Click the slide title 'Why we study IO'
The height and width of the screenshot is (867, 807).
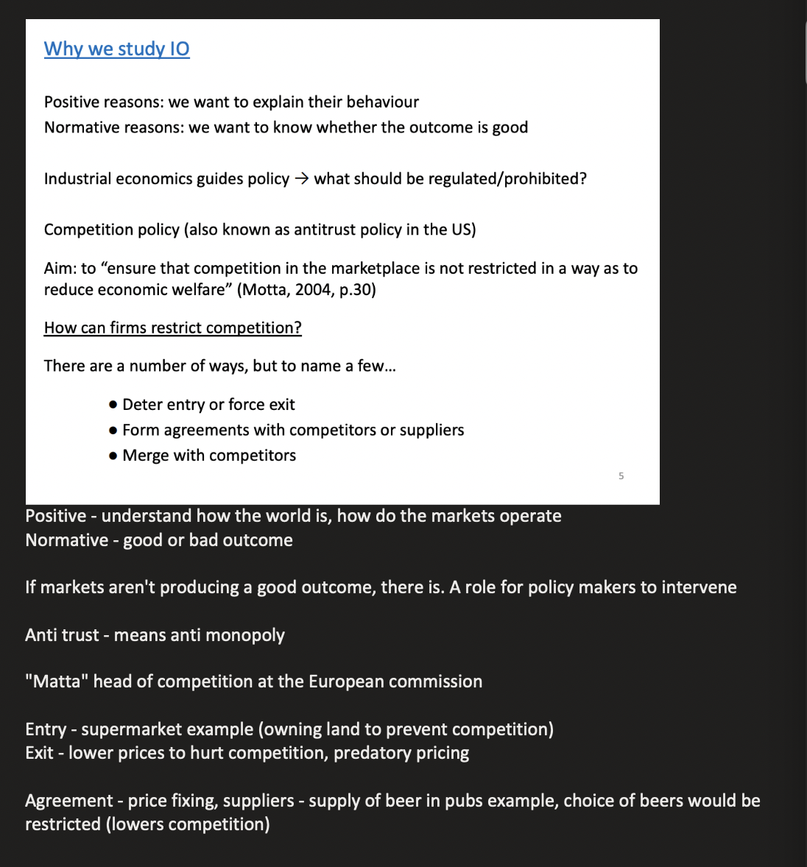point(116,49)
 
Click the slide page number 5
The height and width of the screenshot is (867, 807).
point(621,476)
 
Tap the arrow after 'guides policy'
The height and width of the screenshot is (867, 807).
point(302,179)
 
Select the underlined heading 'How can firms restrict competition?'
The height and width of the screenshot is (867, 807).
point(172,328)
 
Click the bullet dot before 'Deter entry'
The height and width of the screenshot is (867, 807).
point(113,405)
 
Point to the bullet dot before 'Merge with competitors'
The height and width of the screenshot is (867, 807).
point(113,456)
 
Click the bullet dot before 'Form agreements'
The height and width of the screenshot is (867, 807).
point(113,430)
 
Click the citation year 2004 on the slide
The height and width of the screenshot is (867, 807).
point(314,289)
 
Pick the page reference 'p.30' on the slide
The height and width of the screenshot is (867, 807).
point(357,289)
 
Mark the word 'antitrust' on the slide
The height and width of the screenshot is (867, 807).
point(327,230)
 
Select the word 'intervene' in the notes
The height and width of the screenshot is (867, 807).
point(699,587)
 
